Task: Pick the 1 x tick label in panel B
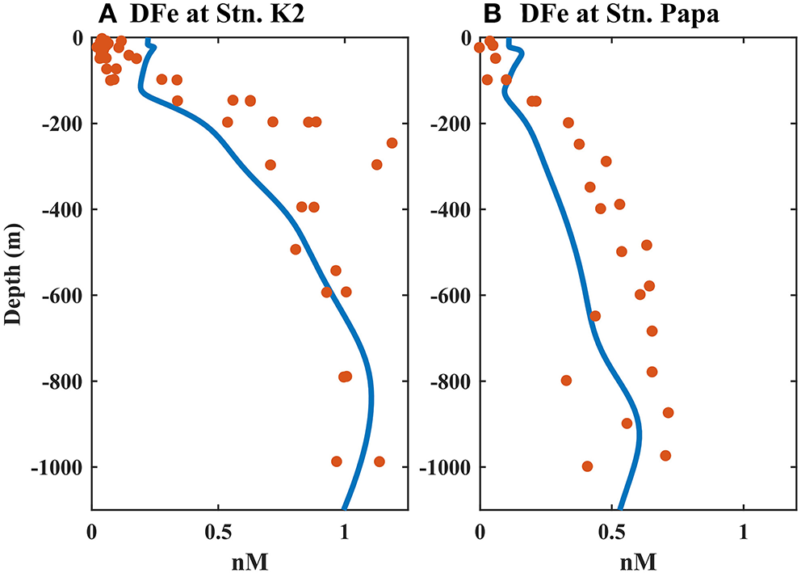tap(744, 534)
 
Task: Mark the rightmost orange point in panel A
tap(392, 143)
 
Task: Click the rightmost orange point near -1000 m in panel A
tap(379, 461)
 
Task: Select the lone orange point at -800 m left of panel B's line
tap(566, 381)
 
